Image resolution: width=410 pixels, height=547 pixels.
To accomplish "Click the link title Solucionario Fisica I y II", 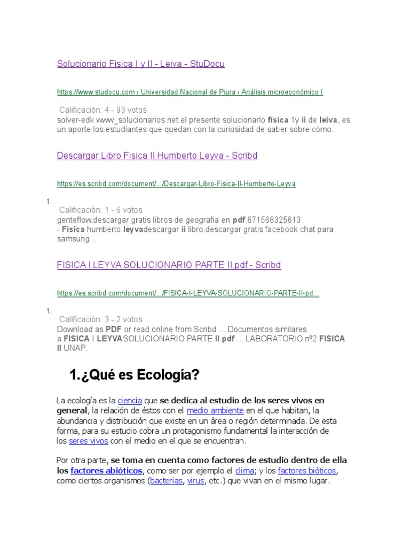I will [141, 64].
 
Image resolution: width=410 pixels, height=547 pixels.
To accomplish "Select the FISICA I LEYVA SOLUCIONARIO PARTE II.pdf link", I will [169, 265].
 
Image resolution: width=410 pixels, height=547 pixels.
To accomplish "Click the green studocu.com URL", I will [190, 92].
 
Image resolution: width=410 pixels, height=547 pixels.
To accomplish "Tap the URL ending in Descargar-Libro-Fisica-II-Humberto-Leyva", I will [176, 184].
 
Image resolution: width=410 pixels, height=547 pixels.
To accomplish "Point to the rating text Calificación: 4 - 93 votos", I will [103, 110].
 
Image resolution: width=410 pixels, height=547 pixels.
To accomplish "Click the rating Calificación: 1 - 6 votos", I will [101, 210].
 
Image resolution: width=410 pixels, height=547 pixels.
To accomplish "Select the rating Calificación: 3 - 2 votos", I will [101, 319].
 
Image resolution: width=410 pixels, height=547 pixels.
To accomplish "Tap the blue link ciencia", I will [130, 401].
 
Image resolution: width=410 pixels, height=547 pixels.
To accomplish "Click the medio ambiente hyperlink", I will [215, 410].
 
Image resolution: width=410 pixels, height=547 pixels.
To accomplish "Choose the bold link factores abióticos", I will [106, 471].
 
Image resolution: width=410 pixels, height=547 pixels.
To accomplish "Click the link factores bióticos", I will [307, 471].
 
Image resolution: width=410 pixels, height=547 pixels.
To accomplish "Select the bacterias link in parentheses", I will [166, 481].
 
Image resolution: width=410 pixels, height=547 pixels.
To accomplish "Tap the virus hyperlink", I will [195, 481].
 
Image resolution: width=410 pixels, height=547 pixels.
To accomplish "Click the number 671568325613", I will [274, 220].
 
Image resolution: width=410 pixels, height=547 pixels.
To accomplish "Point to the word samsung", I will [73, 239].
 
